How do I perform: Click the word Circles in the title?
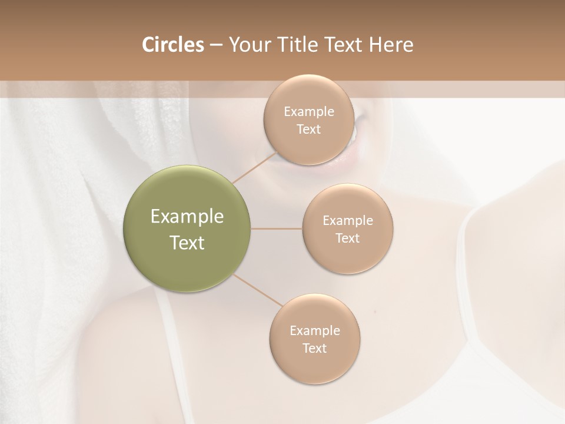(x=173, y=45)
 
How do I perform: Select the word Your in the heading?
(x=247, y=45)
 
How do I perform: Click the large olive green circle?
(x=187, y=259)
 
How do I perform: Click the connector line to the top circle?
(x=255, y=168)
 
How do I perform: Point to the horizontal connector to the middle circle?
(x=277, y=228)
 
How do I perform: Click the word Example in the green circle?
(x=187, y=217)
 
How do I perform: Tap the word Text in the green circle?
(x=187, y=243)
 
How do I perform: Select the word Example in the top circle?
(x=309, y=112)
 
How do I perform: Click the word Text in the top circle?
(x=309, y=130)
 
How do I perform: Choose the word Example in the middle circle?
(x=348, y=221)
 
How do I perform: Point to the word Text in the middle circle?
(x=348, y=238)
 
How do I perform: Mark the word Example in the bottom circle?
(x=315, y=331)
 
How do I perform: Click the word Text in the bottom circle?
(x=315, y=348)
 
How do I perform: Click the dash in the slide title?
(x=216, y=45)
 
